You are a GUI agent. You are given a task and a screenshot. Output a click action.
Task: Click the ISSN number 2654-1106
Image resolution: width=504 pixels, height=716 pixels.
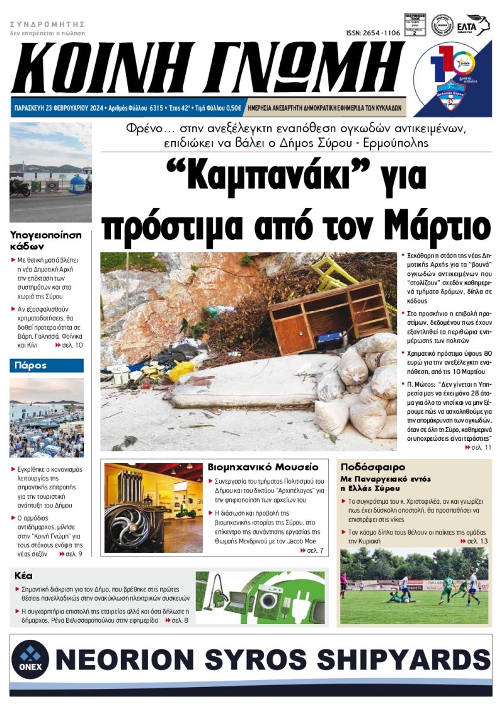pos(373,33)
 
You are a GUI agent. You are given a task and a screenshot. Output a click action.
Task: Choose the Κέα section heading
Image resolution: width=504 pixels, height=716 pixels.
pos(23,576)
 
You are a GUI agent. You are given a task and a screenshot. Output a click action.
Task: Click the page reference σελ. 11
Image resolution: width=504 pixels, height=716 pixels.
pos(481,446)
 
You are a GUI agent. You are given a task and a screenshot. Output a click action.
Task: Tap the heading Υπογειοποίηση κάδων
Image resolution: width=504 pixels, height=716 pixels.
pos(46,240)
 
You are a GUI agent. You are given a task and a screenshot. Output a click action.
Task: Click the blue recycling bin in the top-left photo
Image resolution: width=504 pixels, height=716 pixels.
pos(77,185)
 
